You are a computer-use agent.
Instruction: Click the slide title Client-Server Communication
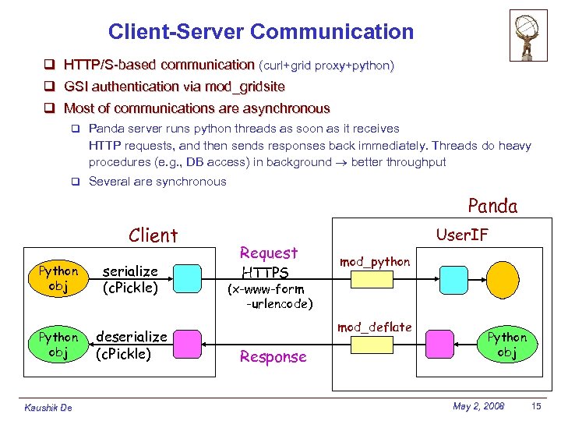(x=261, y=32)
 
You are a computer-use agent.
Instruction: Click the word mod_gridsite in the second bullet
(x=243, y=87)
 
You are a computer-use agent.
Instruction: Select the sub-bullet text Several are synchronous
(x=157, y=182)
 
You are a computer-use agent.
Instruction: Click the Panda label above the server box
(x=492, y=206)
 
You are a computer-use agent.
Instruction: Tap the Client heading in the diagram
(x=153, y=235)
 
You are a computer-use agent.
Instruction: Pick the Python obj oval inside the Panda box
(x=506, y=344)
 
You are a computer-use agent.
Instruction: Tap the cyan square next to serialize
(x=187, y=277)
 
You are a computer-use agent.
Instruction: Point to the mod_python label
(x=374, y=262)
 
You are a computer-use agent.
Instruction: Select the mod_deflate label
(x=374, y=327)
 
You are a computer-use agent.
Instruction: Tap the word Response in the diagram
(x=273, y=357)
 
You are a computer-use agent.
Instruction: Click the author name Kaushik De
(x=48, y=408)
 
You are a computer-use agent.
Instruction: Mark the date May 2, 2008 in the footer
(x=478, y=406)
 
